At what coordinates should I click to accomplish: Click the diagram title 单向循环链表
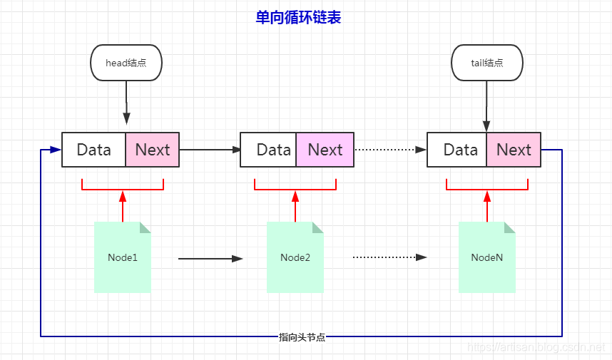pos(298,18)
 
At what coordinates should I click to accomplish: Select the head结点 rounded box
pos(126,63)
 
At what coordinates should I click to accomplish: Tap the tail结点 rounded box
pos(487,63)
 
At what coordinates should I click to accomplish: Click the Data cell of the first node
pos(93,150)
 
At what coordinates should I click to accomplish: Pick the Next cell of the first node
pos(153,150)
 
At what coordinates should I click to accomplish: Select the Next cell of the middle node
pos(325,150)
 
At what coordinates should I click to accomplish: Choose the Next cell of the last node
pos(514,150)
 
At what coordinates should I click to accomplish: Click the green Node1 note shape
pos(123,257)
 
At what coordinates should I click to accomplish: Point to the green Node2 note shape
pos(295,257)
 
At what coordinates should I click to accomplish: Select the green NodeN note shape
pos(487,257)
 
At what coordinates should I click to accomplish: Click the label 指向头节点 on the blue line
pos(302,337)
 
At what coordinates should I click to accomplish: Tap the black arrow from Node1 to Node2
pos(210,259)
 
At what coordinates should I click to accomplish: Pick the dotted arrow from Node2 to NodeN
pos(390,257)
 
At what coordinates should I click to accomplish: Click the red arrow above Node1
pos(123,206)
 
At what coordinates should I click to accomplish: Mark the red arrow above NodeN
pos(487,206)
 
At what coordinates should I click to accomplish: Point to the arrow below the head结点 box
pos(126,103)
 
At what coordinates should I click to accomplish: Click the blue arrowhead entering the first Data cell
pos(56,150)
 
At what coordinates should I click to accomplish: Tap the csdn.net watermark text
pos(536,346)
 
